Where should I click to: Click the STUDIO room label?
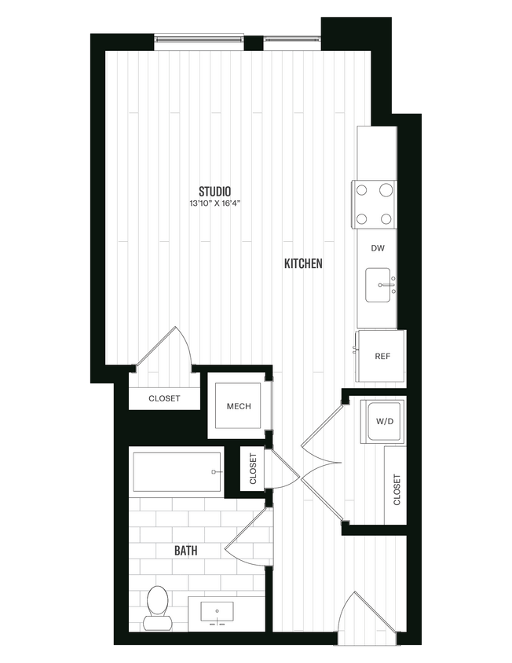(x=214, y=190)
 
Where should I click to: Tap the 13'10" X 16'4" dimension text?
(x=214, y=203)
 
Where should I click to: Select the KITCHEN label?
(x=303, y=264)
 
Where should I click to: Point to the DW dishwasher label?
(x=378, y=248)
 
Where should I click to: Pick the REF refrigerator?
(x=382, y=356)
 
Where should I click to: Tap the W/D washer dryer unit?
(x=384, y=421)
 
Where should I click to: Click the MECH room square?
(x=238, y=406)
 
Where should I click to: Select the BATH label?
(x=185, y=551)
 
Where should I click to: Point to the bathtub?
(x=177, y=471)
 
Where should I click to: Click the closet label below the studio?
(x=164, y=398)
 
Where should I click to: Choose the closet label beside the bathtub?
(x=253, y=469)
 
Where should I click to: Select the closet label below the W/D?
(x=396, y=489)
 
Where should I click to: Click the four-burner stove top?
(x=374, y=204)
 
